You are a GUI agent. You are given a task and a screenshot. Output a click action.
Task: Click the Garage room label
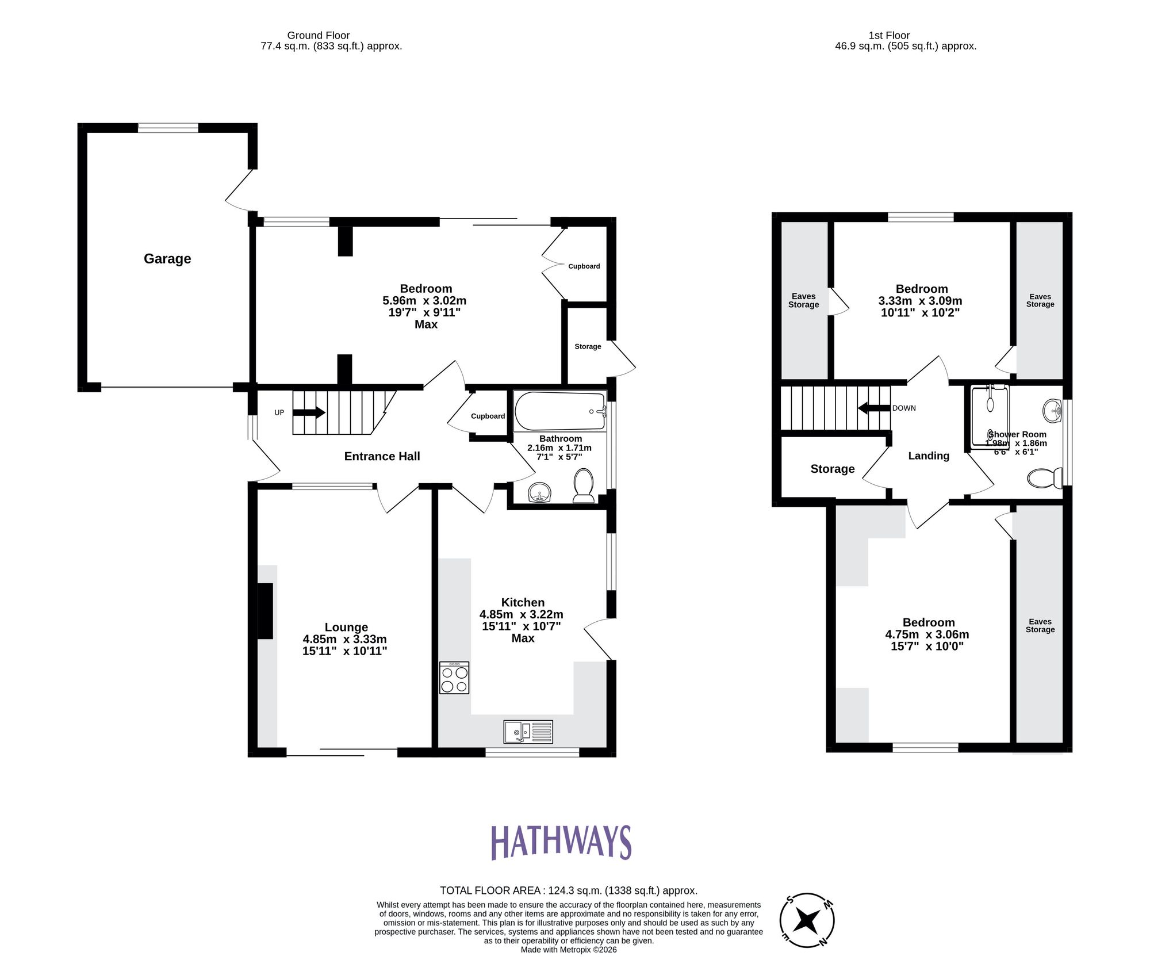click(x=167, y=259)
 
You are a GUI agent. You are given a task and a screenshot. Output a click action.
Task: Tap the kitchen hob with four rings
click(x=454, y=678)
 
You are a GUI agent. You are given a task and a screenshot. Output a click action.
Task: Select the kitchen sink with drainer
click(x=528, y=732)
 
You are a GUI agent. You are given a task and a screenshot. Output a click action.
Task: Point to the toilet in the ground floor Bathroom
click(x=584, y=485)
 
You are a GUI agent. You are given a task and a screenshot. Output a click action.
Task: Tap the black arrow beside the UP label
click(x=309, y=412)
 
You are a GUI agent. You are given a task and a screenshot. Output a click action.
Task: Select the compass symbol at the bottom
click(x=807, y=920)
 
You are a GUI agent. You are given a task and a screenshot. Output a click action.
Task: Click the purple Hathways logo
click(x=561, y=842)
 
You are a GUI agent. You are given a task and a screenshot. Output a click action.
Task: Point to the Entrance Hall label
click(x=382, y=456)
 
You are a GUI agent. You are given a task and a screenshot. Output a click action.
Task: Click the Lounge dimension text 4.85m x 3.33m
click(x=344, y=639)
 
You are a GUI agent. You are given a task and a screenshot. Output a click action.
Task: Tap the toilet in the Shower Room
click(x=1044, y=478)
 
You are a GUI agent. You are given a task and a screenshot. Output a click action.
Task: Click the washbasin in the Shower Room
click(x=1052, y=410)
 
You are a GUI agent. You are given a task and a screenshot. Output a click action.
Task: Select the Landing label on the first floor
click(x=928, y=456)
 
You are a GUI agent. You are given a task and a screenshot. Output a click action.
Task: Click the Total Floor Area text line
click(x=568, y=890)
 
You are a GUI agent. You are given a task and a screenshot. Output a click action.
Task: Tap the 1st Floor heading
click(x=888, y=35)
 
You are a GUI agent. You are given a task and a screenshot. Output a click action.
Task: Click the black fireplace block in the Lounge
click(x=264, y=610)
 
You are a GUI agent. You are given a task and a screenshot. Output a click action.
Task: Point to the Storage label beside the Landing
click(x=832, y=469)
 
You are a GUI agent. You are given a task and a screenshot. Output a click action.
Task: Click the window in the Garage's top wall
click(x=168, y=127)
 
